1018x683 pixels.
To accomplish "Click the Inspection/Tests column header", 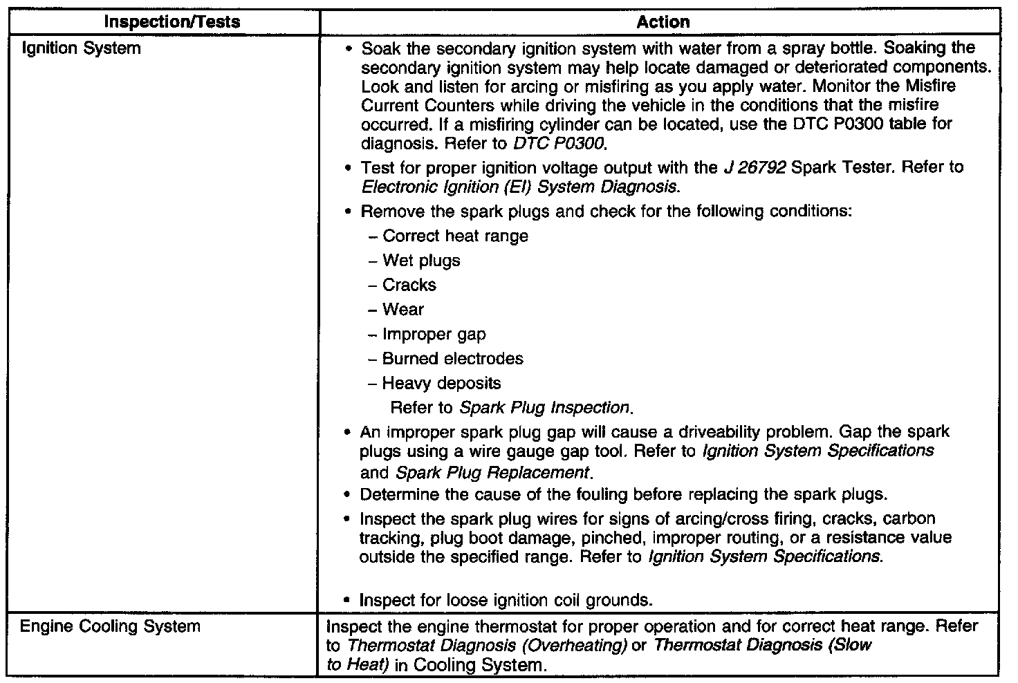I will [x=172, y=21].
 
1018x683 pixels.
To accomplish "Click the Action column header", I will [x=663, y=22].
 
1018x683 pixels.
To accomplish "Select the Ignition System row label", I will [x=82, y=48].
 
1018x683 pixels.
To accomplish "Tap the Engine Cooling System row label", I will [x=110, y=627].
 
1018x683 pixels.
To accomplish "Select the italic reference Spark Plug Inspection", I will [x=544, y=408].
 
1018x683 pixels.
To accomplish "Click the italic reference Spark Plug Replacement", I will [x=492, y=474].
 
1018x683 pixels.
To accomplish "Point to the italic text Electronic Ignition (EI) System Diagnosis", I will [x=518, y=187].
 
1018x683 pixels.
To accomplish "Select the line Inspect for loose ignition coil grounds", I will [x=506, y=600].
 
